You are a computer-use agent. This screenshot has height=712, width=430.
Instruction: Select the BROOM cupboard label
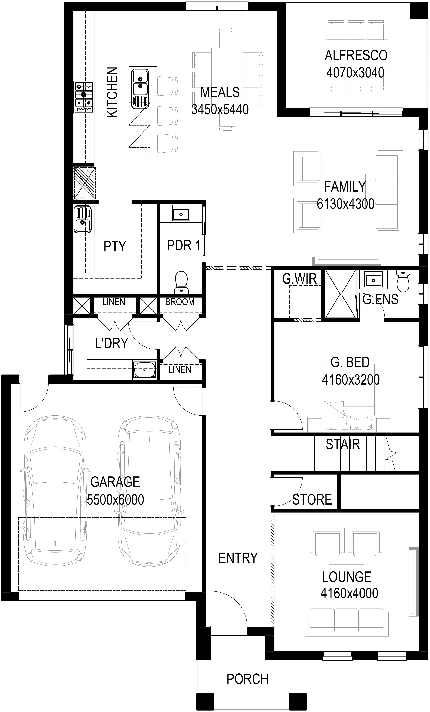coord(180,302)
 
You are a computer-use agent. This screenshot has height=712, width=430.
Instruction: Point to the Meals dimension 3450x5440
coord(220,109)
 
